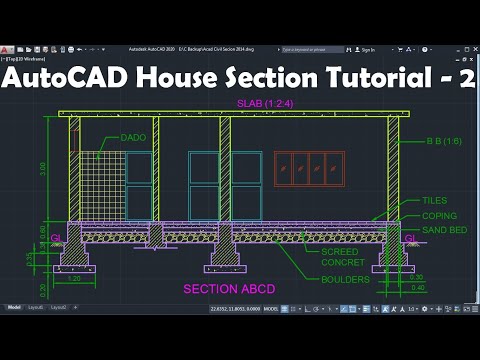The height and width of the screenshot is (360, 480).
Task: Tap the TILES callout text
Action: pos(434,200)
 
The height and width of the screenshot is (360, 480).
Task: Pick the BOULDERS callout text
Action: pos(345,279)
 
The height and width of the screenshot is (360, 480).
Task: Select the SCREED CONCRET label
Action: pos(343,257)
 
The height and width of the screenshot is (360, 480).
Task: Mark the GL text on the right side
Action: pos(410,238)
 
